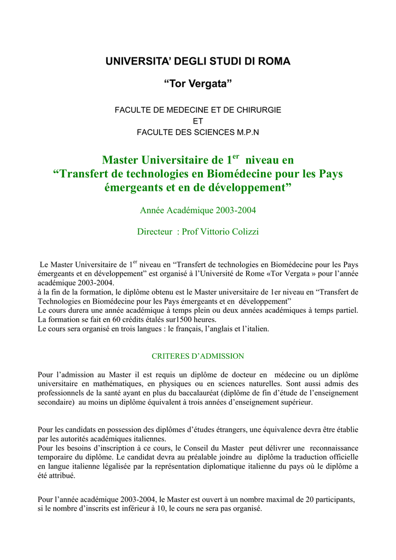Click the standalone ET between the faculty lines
click(198, 121)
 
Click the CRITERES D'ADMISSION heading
click(197, 356)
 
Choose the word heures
click(202, 319)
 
